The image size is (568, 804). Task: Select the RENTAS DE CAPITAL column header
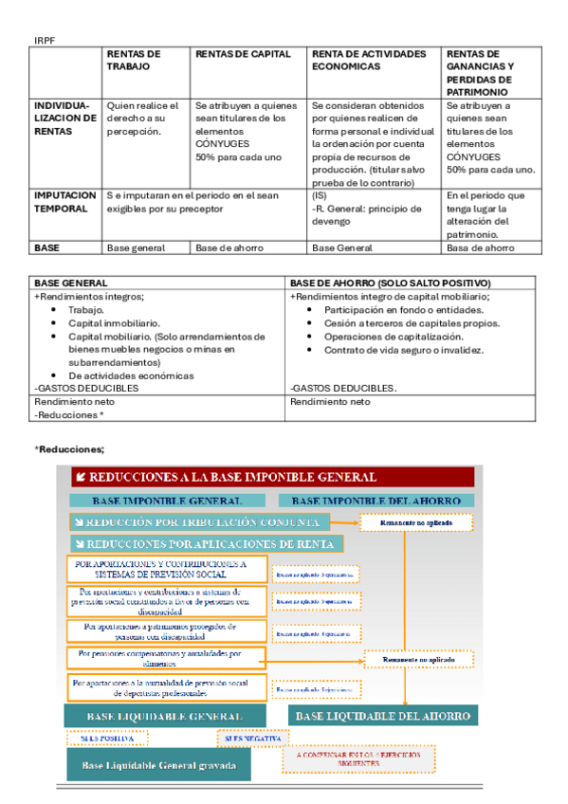click(x=244, y=54)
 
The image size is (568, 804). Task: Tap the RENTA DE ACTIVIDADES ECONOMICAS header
click(x=369, y=61)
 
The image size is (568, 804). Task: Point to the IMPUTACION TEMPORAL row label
click(x=64, y=201)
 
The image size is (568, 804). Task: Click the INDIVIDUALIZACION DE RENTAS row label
click(x=64, y=119)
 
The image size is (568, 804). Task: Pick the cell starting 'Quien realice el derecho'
click(x=142, y=119)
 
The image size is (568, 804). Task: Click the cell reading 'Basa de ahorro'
click(x=480, y=247)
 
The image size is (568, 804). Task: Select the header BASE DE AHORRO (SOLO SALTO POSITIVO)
click(x=390, y=283)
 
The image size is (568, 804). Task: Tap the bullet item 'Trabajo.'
click(x=87, y=310)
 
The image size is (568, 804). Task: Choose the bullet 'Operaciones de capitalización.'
click(x=392, y=337)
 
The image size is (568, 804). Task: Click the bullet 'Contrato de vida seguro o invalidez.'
click(x=404, y=350)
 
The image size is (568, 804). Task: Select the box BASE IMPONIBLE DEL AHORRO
click(x=376, y=500)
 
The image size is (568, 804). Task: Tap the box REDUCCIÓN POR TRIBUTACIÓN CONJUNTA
click(x=199, y=522)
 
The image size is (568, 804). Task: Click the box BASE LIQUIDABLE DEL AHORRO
click(x=382, y=715)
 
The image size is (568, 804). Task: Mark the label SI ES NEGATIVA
click(x=248, y=737)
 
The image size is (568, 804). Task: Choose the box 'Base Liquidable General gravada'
click(x=158, y=764)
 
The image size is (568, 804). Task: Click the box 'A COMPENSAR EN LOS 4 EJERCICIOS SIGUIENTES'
click(x=358, y=758)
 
